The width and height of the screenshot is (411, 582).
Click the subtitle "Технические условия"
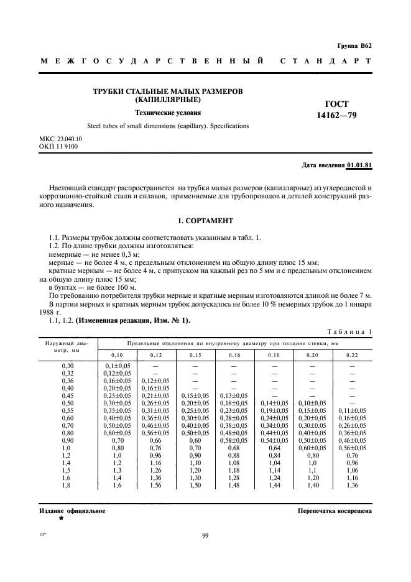(168, 113)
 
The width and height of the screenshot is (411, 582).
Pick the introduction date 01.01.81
(359, 166)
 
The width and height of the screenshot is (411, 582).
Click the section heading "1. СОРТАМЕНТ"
(205, 220)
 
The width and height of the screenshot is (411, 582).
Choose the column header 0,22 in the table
(352, 354)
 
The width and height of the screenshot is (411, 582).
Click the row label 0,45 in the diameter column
(67, 395)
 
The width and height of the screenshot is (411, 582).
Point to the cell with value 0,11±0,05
(352, 411)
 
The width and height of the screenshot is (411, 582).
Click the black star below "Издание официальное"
(61, 518)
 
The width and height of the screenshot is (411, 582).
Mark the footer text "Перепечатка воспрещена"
(335, 510)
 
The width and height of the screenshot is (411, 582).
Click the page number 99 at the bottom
(205, 535)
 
